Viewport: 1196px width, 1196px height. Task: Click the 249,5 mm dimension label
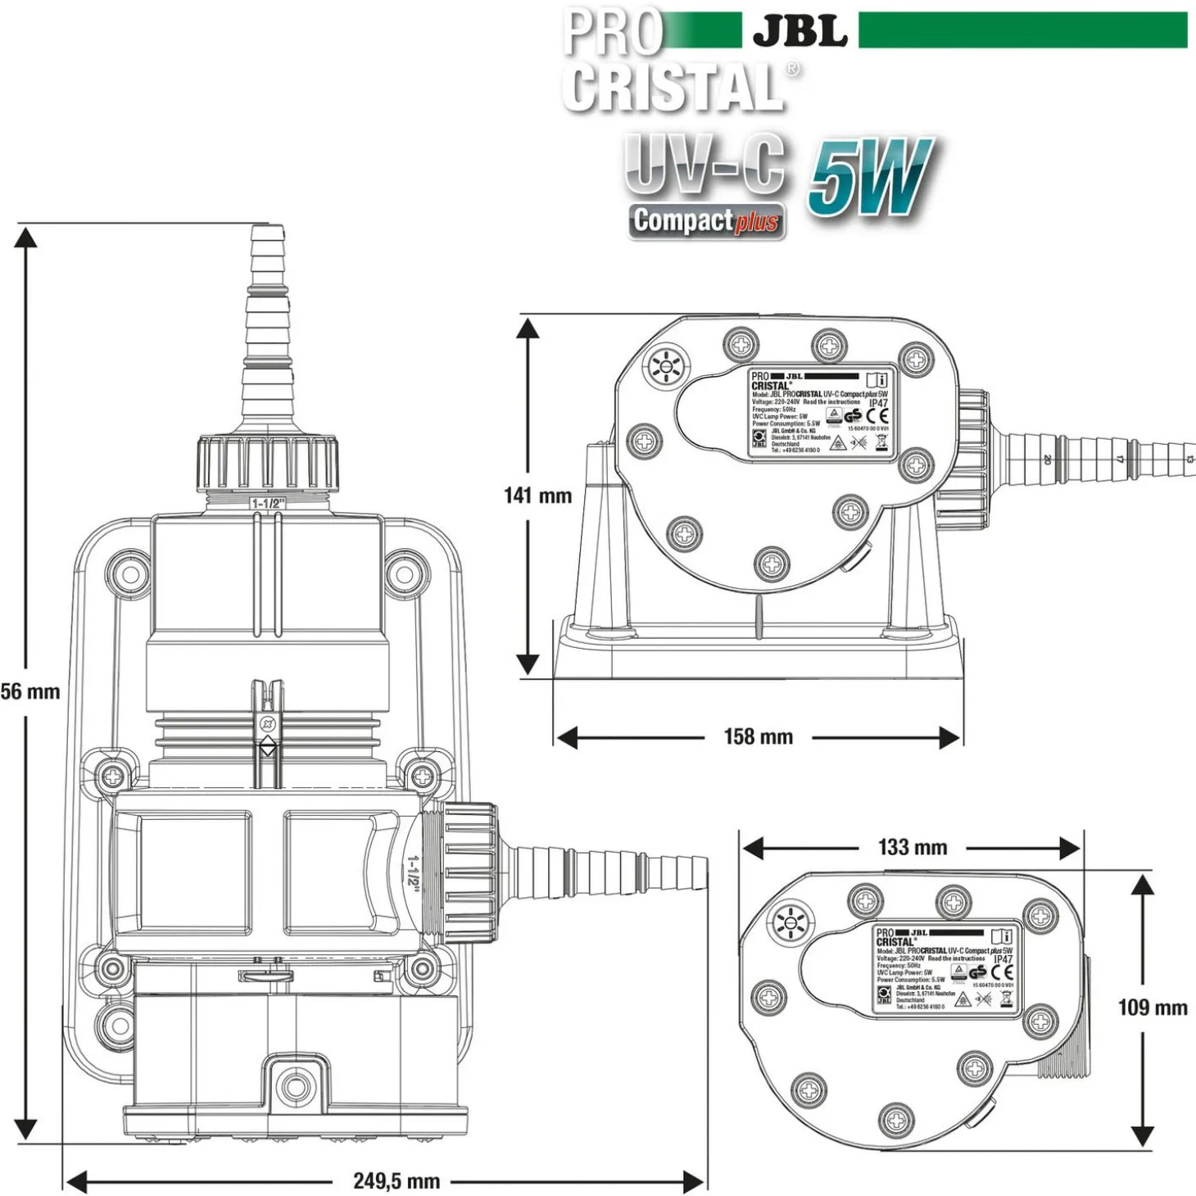[x=396, y=1180]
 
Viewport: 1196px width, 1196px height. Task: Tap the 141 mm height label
[x=537, y=496]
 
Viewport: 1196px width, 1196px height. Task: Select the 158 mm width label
[x=758, y=736]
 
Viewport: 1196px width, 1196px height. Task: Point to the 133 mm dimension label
[x=912, y=847]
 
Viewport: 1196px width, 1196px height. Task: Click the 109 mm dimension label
[x=1153, y=1007]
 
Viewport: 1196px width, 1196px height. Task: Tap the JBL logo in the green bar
[x=800, y=31]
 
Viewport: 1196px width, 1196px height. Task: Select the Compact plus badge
[x=706, y=221]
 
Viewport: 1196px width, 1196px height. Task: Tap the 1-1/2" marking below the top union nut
[x=267, y=504]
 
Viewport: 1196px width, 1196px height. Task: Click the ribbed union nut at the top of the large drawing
[x=267, y=465]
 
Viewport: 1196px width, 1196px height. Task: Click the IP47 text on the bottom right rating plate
[x=1003, y=959]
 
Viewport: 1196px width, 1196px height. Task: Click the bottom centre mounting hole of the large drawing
[x=292, y=1086]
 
